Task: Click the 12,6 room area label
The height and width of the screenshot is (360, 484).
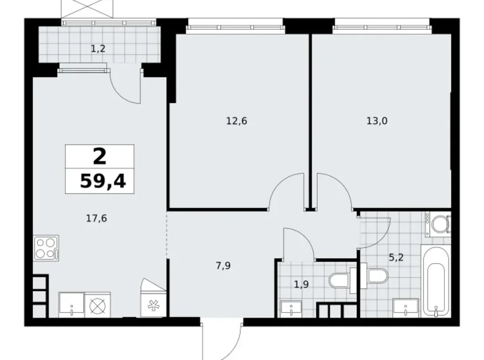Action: point(236,122)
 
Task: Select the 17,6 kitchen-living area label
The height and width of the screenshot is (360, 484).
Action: point(96,218)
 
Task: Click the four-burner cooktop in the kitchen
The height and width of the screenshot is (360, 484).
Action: point(47,248)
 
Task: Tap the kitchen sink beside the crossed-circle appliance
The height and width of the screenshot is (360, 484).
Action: point(72,305)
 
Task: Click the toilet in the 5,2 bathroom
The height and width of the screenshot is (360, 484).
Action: point(376,275)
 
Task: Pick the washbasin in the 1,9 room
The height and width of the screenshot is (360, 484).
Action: point(289,308)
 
